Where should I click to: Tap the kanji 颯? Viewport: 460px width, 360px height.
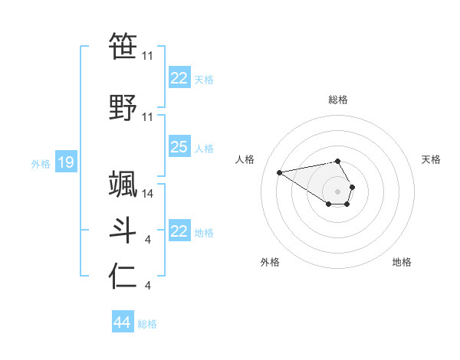(x=123, y=184)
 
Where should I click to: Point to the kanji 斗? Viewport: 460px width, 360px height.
(x=123, y=231)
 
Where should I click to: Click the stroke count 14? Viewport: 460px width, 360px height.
(x=148, y=194)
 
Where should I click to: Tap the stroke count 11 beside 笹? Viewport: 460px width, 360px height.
(x=148, y=56)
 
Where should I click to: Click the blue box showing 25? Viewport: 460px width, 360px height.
(x=179, y=147)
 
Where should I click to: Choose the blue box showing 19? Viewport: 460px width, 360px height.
(x=65, y=162)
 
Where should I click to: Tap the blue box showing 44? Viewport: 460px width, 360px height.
(x=122, y=322)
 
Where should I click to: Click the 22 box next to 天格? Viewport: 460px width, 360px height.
(x=179, y=78)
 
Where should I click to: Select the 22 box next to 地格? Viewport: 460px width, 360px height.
(x=179, y=231)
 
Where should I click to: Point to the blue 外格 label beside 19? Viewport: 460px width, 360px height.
(x=40, y=163)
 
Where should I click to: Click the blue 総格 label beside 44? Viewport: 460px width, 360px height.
(x=147, y=323)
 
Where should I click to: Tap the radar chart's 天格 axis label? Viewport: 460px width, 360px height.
(x=431, y=159)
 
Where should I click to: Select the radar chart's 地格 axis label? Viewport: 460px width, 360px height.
(x=402, y=262)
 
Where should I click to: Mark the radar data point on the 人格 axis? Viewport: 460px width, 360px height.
(x=279, y=172)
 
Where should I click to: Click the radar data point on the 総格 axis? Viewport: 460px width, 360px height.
(x=338, y=161)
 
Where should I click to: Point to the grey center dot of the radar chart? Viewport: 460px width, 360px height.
(x=338, y=191)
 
